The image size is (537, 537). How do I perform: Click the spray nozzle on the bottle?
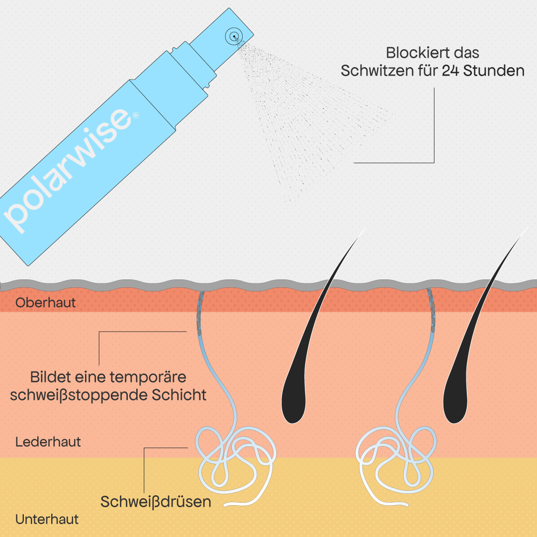[234, 36]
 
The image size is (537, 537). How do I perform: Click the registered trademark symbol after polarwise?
[135, 115]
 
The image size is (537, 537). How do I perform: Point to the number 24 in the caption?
[450, 71]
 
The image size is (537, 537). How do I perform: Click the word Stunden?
[494, 71]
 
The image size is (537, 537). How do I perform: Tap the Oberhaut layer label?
[46, 303]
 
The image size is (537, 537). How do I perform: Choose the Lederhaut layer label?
[48, 442]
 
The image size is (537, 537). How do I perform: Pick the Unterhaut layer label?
[47, 520]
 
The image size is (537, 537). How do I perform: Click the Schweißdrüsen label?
[156, 502]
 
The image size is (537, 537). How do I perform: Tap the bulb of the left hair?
[293, 402]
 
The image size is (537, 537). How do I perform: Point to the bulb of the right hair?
[455, 402]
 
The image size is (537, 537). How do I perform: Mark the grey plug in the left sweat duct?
[199, 313]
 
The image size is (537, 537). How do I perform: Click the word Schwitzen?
[378, 71]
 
